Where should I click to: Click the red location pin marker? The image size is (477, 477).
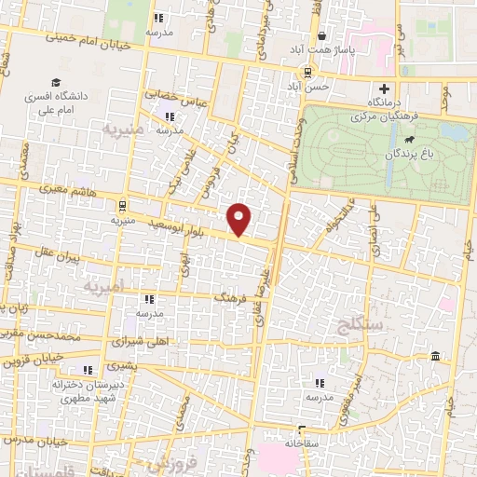(x=240, y=217)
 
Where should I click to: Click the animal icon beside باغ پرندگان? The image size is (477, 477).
(x=410, y=139)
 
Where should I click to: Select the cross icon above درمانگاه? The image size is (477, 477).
(x=384, y=89)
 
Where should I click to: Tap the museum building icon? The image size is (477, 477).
(x=436, y=358)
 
